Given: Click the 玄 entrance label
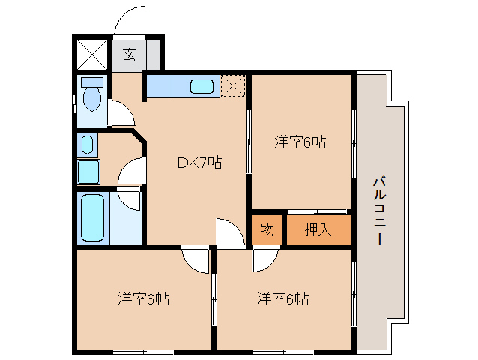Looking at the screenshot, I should pos(130,54).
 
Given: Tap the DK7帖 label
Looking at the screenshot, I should pos(199,162).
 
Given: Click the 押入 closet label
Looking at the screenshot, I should pos(318,229).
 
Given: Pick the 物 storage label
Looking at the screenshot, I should pos(267,229).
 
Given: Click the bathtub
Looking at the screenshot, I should pos(93,217).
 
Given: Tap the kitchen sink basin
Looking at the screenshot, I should pos(202,86).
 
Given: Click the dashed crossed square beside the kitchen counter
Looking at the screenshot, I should pos(234,86).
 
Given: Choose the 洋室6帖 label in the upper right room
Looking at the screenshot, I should pos(300,142).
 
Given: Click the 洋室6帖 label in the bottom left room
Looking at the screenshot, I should pos(142,299).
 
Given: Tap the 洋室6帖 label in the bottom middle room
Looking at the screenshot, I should pos(283,299).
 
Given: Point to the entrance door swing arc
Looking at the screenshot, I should pos(130,22).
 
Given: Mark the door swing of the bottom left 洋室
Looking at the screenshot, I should pos(196,260).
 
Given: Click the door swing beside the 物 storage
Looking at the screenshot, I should pos(230,232).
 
